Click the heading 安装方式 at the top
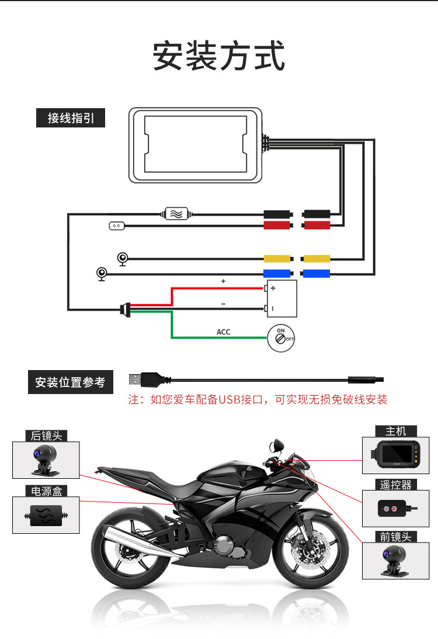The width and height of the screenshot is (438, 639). point(219,56)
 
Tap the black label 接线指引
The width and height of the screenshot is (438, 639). point(71,119)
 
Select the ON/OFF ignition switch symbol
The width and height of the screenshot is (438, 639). point(281,339)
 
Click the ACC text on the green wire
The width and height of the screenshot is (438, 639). point(224,332)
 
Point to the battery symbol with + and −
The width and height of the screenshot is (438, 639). point(281,298)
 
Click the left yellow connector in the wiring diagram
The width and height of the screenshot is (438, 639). point(277,258)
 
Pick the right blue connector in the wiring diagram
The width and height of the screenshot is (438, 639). point(316,273)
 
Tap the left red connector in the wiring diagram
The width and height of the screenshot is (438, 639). point(277,225)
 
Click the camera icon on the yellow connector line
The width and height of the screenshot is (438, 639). point(123,259)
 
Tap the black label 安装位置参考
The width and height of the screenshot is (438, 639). point(71,382)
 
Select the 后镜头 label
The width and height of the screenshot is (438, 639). point(46,436)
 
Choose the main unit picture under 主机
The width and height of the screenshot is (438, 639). point(395,456)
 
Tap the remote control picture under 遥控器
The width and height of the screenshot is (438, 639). point(395,508)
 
